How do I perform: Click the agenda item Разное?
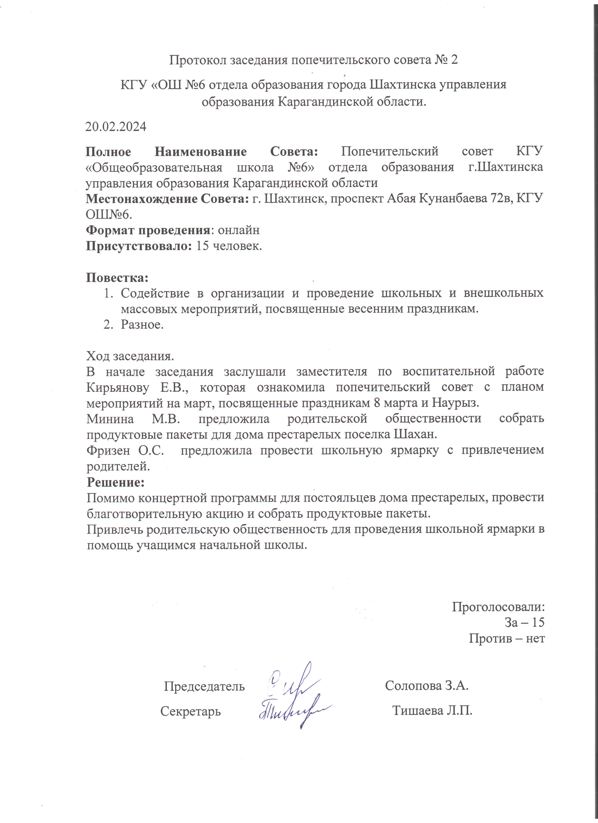[142, 324]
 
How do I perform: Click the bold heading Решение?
[116, 482]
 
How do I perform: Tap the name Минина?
[110, 419]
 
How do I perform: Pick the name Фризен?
[108, 451]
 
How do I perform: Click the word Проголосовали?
[498, 607]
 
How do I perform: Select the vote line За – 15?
[524, 623]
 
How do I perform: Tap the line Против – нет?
[507, 638]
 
